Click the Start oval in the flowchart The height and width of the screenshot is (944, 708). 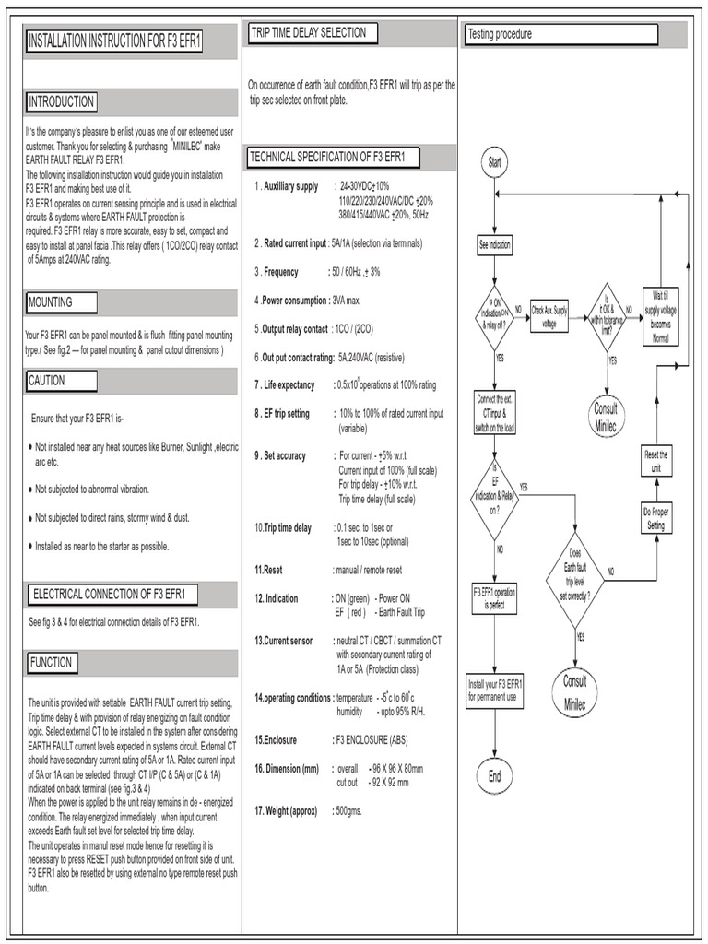coord(495,162)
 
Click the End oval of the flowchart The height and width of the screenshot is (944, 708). coord(495,775)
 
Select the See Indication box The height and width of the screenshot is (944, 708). coord(495,245)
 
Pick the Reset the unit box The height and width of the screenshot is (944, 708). coord(656,460)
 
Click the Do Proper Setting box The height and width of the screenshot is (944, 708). coord(656,516)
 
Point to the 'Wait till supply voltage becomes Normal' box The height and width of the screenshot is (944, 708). coord(660,313)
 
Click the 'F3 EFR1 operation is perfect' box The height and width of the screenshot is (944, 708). coord(494,598)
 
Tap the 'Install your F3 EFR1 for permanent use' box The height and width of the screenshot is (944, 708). coord(495,690)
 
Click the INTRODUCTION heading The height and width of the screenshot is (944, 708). coord(61,101)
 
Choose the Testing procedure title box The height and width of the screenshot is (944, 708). coord(560,34)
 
